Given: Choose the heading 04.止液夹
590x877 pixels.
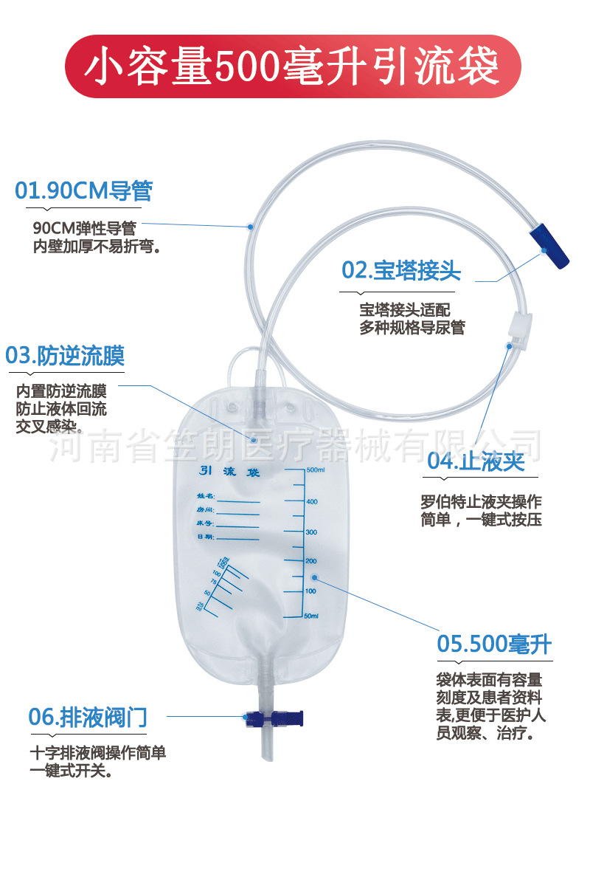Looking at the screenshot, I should pos(476,461).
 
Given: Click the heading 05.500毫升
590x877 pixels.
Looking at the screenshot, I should pos(494,643).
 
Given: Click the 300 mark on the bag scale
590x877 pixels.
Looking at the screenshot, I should pos(311,532).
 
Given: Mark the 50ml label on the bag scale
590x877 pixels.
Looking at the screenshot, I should pos(313,616).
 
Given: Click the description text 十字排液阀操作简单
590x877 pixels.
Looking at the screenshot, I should pos(97,754).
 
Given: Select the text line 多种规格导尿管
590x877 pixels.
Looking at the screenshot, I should pos(412,328).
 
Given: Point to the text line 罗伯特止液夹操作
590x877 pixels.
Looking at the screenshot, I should pos(481,501).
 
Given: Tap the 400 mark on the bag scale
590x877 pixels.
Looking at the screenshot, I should pos(312,502).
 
